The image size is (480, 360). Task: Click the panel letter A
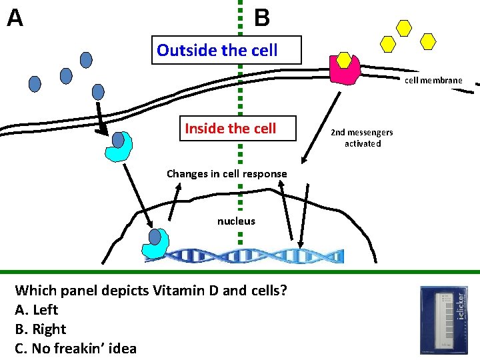15,17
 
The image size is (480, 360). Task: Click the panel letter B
262,17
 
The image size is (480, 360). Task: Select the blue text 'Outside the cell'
217,50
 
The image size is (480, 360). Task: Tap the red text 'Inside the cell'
230,128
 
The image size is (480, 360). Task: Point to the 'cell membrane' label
433,80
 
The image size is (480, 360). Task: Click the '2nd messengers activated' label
362,138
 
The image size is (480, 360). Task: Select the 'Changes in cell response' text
227,174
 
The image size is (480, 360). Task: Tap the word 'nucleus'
236,221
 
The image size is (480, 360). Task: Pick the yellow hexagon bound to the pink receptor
344,60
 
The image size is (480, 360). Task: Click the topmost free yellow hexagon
404,27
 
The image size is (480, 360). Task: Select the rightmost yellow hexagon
428,42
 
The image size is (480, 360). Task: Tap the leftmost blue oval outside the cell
34,83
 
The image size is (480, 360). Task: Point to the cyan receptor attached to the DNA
157,244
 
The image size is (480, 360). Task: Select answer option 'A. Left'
36,309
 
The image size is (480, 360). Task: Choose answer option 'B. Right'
40,329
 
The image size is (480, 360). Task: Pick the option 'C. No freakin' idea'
75,348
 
